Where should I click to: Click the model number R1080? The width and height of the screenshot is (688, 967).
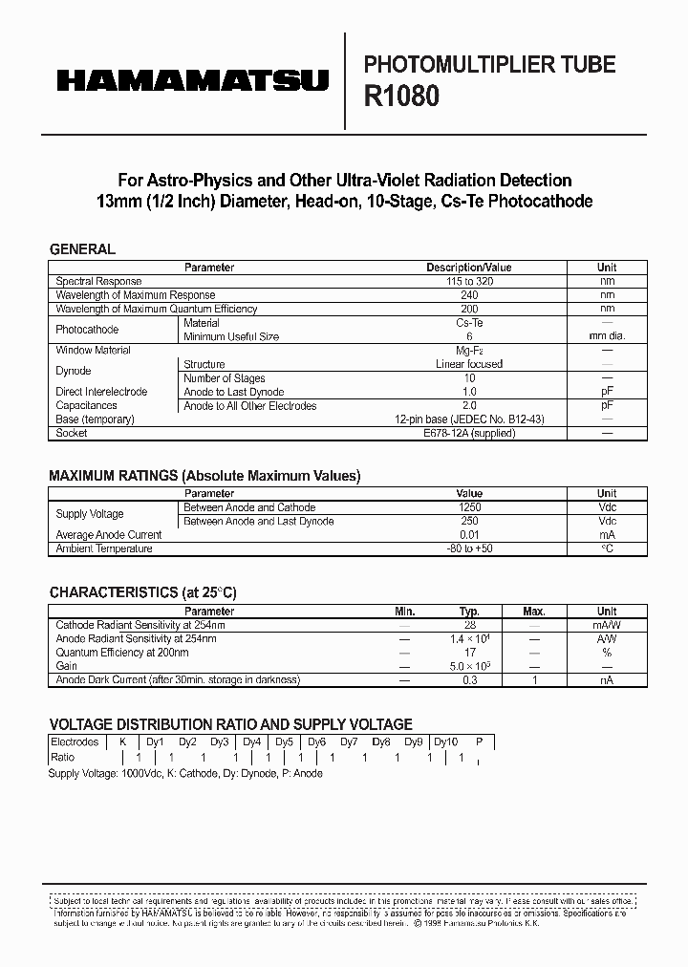pos(402,97)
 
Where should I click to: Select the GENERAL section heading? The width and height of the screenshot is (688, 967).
pos(82,249)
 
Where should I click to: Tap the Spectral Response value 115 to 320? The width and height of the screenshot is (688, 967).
pos(468,282)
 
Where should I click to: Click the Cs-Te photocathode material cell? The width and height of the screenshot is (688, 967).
pos(468,323)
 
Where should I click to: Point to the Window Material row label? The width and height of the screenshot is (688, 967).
pos(94,351)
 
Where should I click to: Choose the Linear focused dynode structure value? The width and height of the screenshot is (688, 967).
pos(468,364)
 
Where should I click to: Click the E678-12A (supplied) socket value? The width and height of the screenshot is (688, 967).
pos(469,433)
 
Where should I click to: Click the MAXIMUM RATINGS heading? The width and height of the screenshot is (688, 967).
pos(204,475)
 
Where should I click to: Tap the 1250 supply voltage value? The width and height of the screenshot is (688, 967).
pos(469,507)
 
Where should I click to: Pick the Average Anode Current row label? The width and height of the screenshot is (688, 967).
pos(109,535)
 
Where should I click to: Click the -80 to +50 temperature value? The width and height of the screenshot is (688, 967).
pos(468,548)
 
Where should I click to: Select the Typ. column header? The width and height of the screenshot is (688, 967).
pos(469,612)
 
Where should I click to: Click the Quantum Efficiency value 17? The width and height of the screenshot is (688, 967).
pos(469,653)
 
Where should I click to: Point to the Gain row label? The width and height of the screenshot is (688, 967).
pos(67,666)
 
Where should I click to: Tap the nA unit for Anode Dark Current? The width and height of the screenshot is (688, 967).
pos(607,679)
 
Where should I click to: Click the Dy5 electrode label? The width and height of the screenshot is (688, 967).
pos(284,741)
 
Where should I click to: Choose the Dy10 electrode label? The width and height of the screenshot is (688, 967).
pos(446,741)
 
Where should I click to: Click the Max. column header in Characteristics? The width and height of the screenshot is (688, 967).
pos(534,612)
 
